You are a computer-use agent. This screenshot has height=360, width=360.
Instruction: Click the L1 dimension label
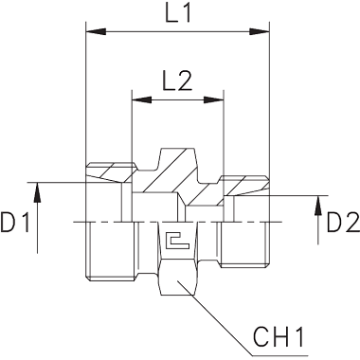coord(178,14)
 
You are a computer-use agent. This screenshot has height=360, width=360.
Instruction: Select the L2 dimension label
coord(177,82)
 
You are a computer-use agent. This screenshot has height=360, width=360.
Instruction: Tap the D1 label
coord(15,223)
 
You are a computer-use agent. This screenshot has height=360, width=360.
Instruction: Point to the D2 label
coord(343,223)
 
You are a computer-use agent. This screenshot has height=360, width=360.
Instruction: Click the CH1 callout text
coord(279,337)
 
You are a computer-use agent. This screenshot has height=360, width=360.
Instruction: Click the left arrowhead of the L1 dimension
coord(96,31)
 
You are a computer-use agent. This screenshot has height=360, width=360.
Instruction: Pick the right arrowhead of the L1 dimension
coord(260,31)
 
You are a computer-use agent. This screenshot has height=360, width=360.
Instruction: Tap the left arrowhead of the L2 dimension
coord(142,100)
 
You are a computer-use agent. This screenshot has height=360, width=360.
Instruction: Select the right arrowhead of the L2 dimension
coord(213,100)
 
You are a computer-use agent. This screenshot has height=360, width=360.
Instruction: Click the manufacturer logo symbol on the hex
coord(177,242)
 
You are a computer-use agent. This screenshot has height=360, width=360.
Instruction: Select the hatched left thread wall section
coord(111,172)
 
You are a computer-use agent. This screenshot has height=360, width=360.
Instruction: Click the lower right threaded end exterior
coord(244,243)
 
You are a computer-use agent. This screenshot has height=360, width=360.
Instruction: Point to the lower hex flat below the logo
coord(177,278)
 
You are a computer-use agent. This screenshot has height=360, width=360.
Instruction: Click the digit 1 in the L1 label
coord(186,14)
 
